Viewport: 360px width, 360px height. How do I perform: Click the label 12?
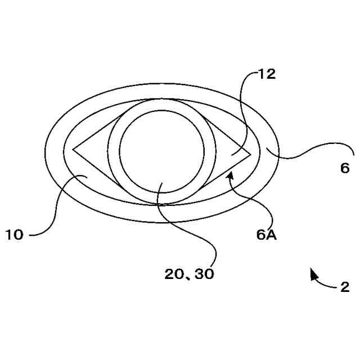(267, 74)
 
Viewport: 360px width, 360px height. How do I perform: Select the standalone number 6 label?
(345, 168)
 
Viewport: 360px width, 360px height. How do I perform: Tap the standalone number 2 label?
(345, 287)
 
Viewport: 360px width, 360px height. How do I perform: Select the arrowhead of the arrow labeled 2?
(313, 273)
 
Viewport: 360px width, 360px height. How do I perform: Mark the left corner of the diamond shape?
(73, 151)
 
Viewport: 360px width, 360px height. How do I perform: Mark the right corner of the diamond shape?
(250, 153)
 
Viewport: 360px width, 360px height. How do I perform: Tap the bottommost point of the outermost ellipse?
(161, 223)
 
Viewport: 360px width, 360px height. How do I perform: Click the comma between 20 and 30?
(190, 277)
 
